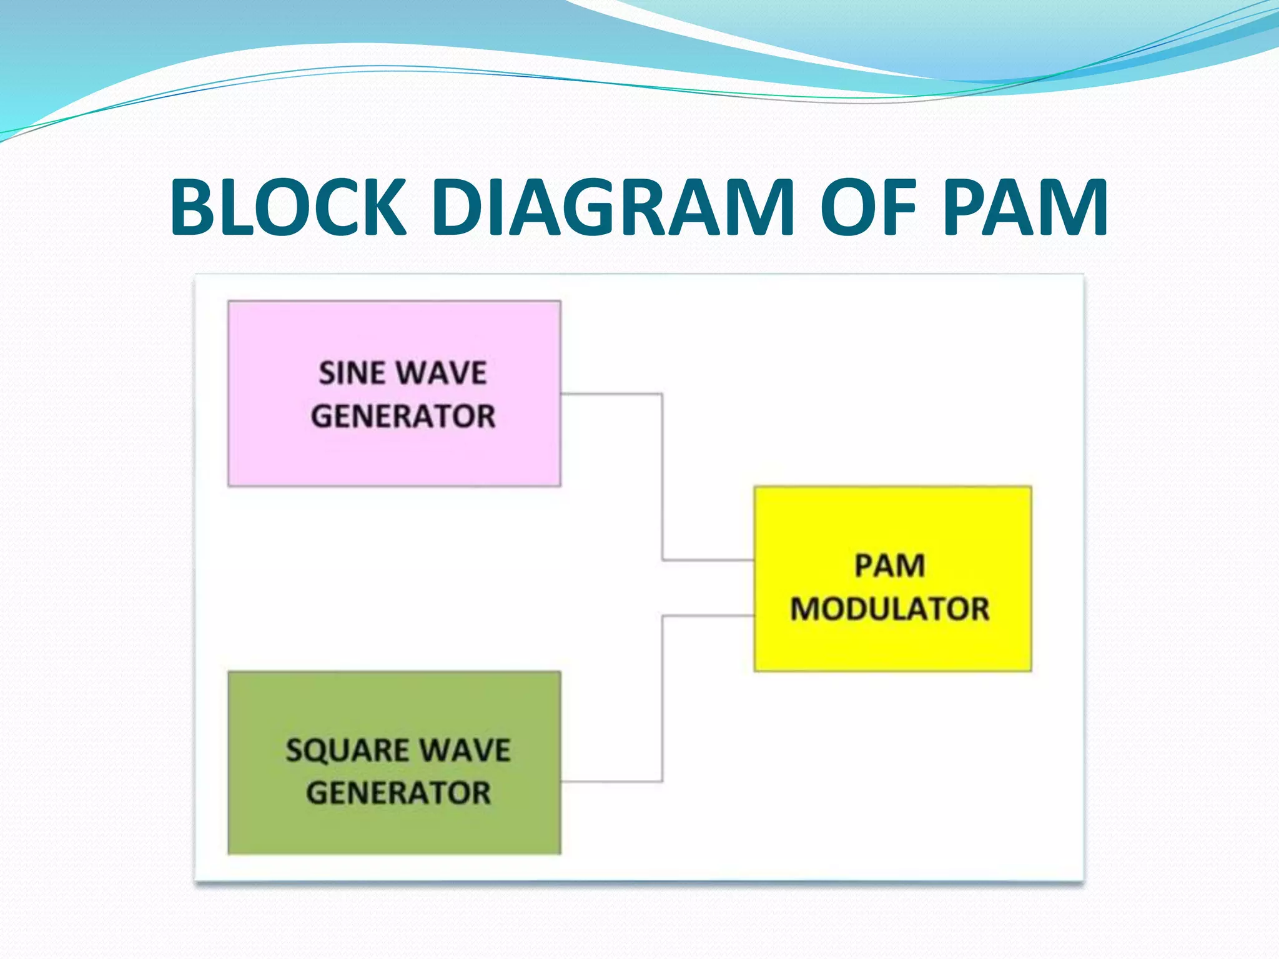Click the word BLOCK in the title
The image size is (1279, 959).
(x=289, y=208)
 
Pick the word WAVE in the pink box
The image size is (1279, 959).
(x=442, y=373)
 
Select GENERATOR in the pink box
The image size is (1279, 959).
(x=403, y=416)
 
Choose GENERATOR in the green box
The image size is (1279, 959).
(x=398, y=793)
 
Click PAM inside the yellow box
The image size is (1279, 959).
(x=889, y=566)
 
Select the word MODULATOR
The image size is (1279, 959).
(x=889, y=609)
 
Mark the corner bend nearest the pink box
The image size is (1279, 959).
(x=662, y=394)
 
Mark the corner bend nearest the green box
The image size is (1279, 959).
(x=662, y=781)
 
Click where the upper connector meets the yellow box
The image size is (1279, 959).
(x=754, y=560)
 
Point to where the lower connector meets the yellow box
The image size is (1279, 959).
(x=754, y=616)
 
